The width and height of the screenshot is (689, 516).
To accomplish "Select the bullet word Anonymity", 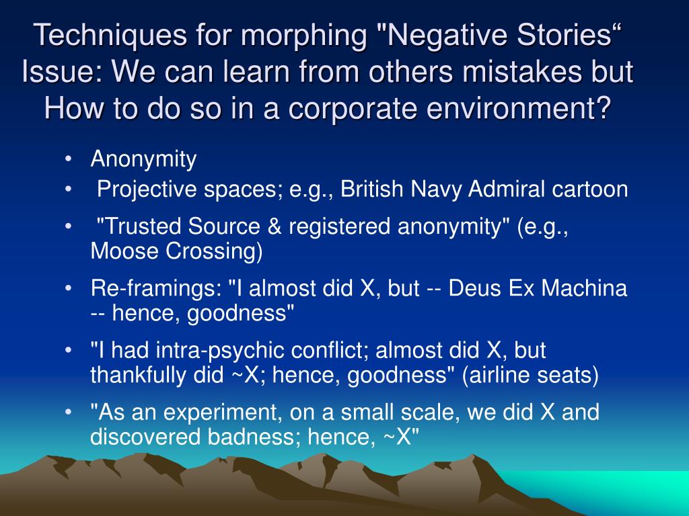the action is click(x=143, y=159).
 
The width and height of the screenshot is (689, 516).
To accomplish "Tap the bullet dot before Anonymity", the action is click(x=68, y=159).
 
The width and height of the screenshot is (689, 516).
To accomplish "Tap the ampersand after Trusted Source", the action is click(x=274, y=227).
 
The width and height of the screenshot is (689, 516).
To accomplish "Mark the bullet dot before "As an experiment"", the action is click(x=68, y=413).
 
